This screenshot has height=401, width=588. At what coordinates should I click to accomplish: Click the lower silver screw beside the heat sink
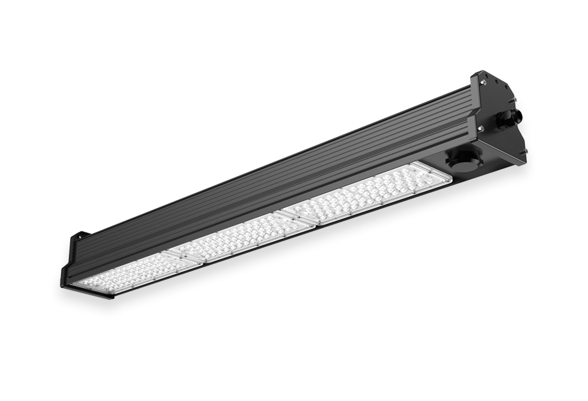(481, 130)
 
